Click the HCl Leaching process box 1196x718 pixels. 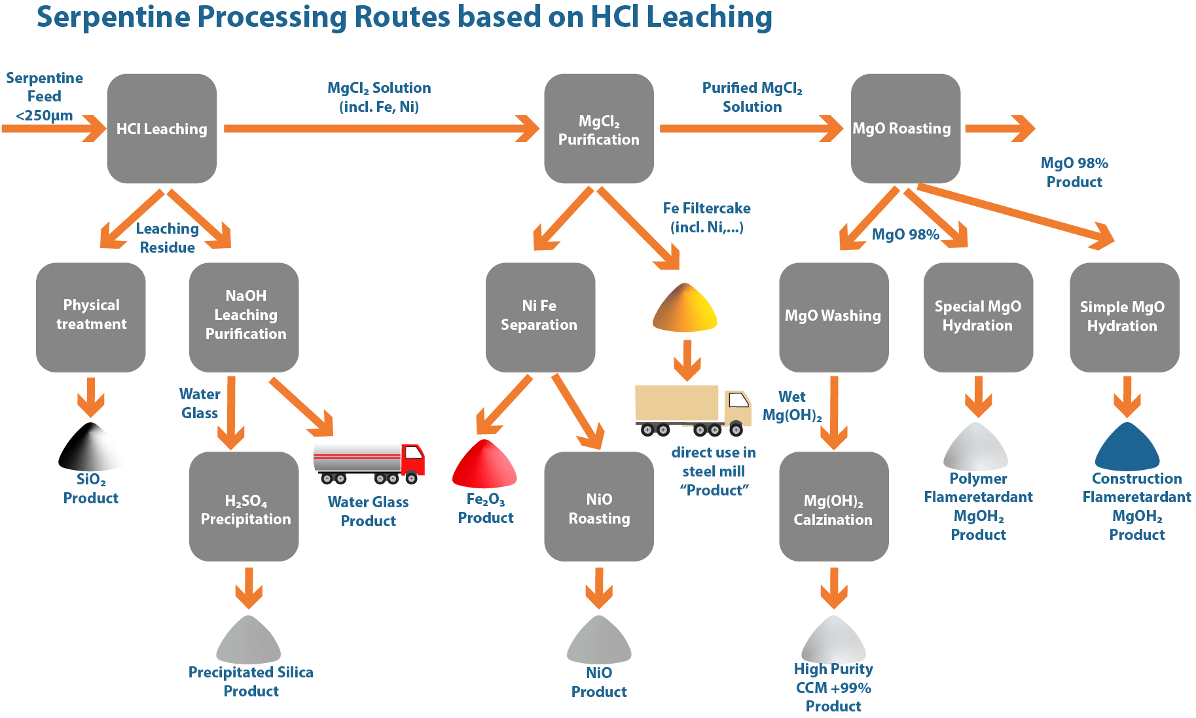[x=162, y=128]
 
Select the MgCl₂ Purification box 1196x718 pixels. [x=598, y=128]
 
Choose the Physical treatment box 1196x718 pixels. [x=91, y=317]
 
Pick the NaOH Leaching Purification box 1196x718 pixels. [x=244, y=317]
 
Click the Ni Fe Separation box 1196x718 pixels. [x=540, y=317]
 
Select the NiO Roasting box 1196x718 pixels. [x=598, y=507]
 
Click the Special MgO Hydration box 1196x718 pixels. [x=978, y=317]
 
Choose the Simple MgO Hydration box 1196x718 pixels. [x=1124, y=317]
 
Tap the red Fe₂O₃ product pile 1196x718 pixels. [x=484, y=464]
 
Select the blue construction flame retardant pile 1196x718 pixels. [x=1127, y=447]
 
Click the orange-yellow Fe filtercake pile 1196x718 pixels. [x=685, y=308]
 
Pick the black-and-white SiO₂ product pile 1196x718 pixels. [x=90, y=447]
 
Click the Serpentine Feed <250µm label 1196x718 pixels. [x=45, y=97]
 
